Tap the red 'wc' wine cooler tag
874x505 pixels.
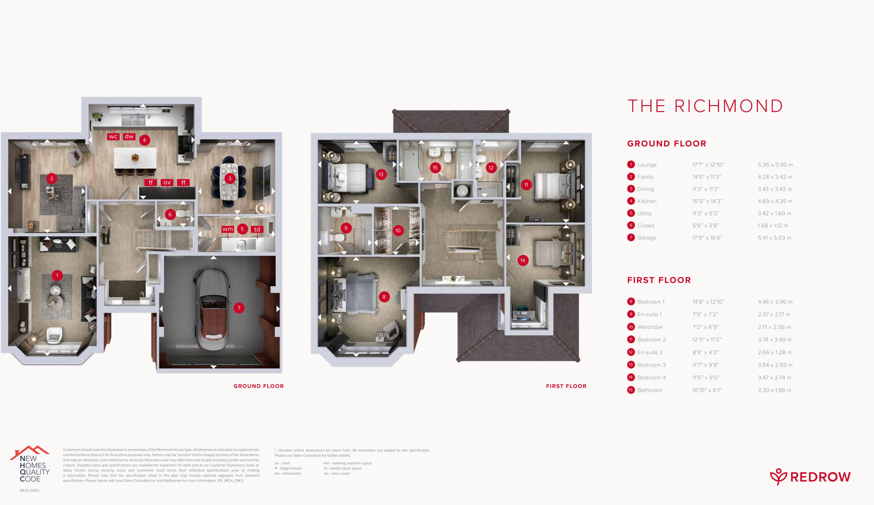(113, 137)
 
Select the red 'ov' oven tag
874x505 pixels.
(167, 182)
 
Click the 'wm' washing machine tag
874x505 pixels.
(227, 229)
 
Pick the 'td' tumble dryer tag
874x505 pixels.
(257, 229)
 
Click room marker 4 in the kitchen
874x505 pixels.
(144, 140)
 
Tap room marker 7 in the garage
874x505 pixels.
(239, 308)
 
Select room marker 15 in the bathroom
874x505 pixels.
(435, 167)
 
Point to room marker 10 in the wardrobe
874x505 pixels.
(398, 231)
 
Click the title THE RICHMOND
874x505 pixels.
(705, 106)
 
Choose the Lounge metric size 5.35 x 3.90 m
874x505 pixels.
(775, 165)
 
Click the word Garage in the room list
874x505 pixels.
(647, 238)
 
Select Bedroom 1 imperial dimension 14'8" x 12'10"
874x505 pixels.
(708, 302)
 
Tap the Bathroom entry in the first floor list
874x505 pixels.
(650, 390)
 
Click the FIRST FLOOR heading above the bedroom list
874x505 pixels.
(658, 280)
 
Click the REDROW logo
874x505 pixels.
(810, 477)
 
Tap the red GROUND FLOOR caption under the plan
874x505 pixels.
(259, 386)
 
